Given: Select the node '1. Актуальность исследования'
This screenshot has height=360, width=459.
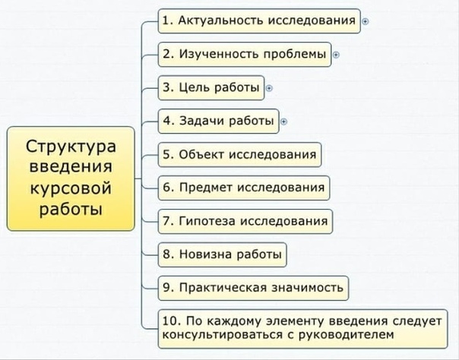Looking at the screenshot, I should pyautogui.click(x=258, y=21).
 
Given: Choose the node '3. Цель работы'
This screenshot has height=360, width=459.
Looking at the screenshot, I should pyautogui.click(x=211, y=87).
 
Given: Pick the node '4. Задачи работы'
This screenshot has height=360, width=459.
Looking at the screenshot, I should pyautogui.click(x=217, y=121).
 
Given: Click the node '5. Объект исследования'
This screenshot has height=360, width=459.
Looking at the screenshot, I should pyautogui.click(x=239, y=154).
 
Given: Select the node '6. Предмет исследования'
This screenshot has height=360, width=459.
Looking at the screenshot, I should pyautogui.click(x=242, y=187).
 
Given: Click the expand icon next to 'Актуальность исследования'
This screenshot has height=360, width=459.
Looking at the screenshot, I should pyautogui.click(x=366, y=22).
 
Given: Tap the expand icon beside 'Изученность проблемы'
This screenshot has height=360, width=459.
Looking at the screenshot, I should pyautogui.click(x=337, y=55).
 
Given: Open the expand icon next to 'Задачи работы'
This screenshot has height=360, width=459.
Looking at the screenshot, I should pyautogui.click(x=284, y=121).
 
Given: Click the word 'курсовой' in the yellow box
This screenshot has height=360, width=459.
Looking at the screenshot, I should pyautogui.click(x=71, y=187).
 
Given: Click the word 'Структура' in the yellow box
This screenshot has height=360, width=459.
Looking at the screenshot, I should pyautogui.click(x=71, y=145).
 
